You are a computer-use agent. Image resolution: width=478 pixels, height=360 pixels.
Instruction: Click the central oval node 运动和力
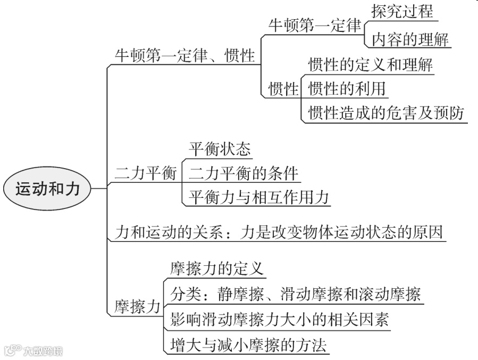(47, 188)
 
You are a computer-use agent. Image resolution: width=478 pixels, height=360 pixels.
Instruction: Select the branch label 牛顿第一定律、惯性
(185, 56)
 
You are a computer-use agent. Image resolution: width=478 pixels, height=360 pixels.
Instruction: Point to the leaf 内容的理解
(410, 38)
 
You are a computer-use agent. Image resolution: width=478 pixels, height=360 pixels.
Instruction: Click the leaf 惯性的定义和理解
(371, 65)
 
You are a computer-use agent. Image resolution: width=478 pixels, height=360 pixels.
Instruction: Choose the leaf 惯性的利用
(347, 88)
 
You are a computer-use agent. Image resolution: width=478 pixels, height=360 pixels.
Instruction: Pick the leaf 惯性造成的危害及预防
(386, 113)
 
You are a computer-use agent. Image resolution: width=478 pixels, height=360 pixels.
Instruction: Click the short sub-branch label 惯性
(284, 88)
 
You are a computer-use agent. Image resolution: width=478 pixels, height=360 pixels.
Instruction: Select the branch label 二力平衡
(145, 173)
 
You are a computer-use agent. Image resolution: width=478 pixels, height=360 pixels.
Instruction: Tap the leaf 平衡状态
(219, 148)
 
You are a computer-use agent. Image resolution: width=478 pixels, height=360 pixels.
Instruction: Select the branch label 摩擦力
(137, 307)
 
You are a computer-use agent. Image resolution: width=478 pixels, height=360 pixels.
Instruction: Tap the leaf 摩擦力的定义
(216, 268)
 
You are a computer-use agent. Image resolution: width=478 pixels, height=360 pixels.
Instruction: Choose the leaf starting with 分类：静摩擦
(296, 294)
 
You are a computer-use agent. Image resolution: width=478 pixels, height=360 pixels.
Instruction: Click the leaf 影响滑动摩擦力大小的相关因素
(280, 319)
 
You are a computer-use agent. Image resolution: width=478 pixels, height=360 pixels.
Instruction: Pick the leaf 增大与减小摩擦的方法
(248, 345)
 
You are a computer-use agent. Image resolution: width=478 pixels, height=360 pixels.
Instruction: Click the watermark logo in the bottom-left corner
(33, 351)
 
